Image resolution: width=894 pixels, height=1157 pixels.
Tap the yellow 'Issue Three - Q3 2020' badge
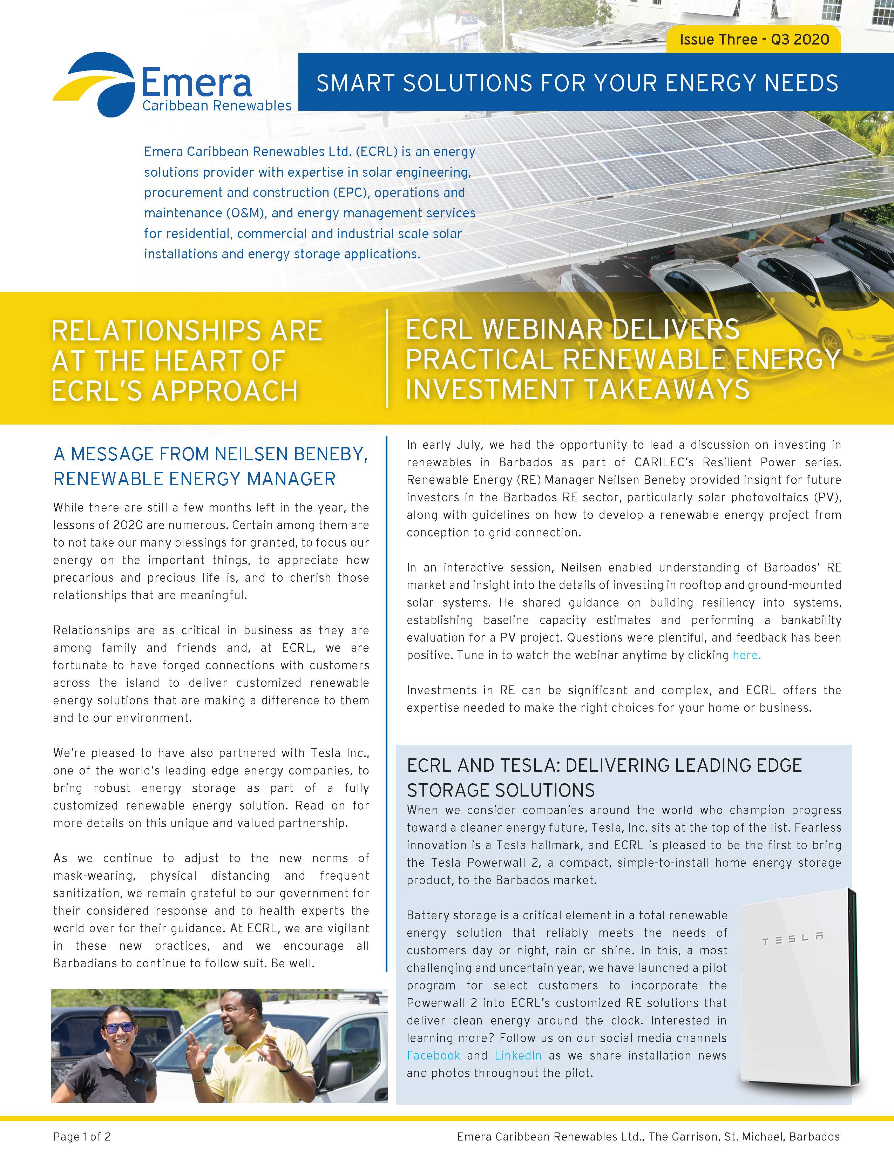tap(754, 40)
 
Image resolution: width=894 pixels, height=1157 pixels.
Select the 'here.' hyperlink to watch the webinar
tap(746, 655)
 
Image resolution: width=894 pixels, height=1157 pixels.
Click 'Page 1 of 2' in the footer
tap(82, 1136)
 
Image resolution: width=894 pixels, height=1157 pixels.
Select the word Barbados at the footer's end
tap(814, 1136)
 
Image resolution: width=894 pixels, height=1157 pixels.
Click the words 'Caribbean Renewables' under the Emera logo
tap(217, 106)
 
